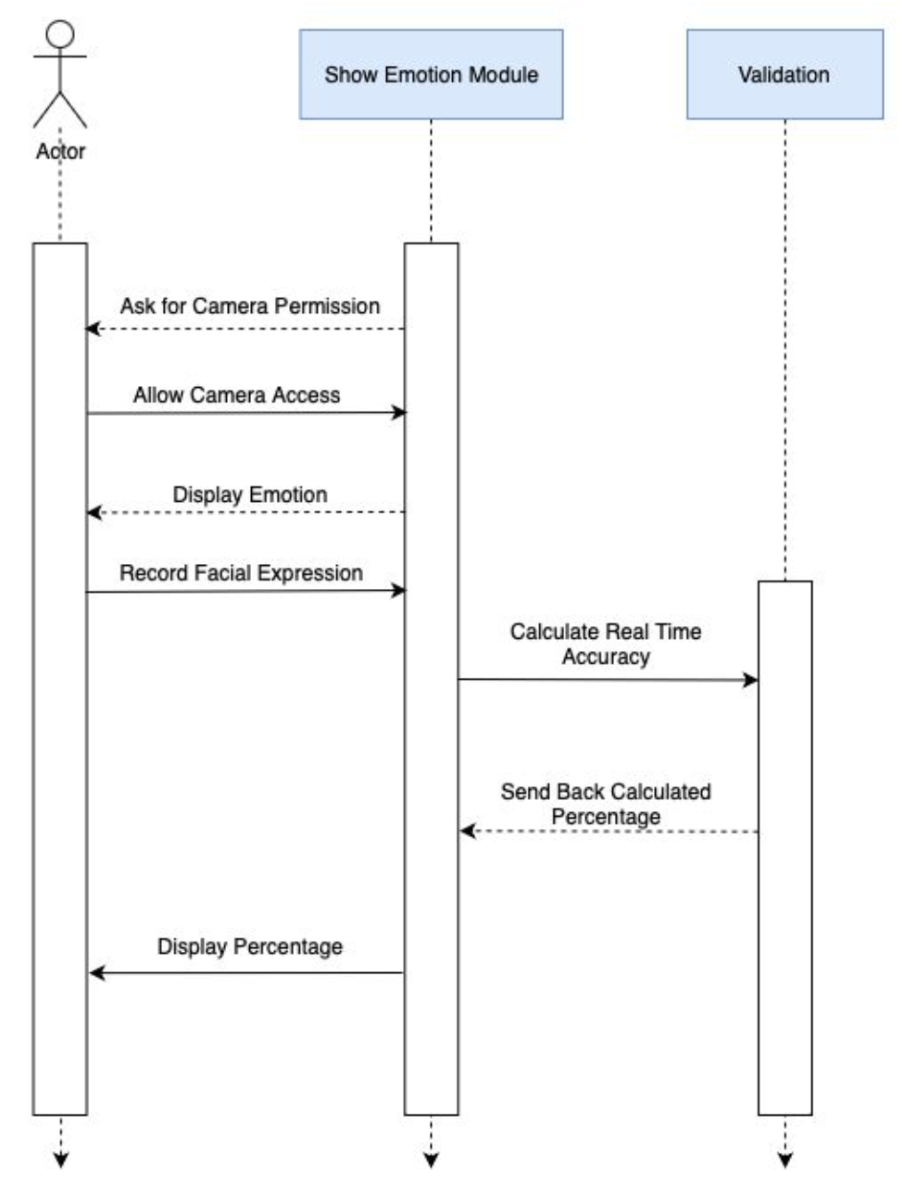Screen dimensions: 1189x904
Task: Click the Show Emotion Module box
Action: (x=431, y=74)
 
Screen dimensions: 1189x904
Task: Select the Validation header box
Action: (x=784, y=74)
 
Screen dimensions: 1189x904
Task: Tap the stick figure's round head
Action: (x=60, y=35)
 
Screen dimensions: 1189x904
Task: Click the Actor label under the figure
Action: (x=60, y=151)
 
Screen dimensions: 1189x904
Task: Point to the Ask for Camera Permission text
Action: (x=250, y=306)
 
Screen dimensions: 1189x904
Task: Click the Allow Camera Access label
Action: (x=236, y=395)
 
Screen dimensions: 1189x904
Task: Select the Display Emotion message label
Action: (x=250, y=494)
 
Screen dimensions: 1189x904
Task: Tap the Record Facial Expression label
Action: (x=241, y=573)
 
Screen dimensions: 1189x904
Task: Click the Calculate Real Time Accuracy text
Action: (x=606, y=644)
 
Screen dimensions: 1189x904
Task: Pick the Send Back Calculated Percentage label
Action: (x=606, y=804)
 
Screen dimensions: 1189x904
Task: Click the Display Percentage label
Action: (x=250, y=946)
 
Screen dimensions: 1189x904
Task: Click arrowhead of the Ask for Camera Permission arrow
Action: (x=92, y=329)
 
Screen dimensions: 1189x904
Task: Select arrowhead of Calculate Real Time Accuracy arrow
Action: (x=751, y=680)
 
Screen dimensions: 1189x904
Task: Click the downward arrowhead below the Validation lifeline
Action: (x=785, y=1159)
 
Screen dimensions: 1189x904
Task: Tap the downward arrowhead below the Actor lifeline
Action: (x=60, y=1159)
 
